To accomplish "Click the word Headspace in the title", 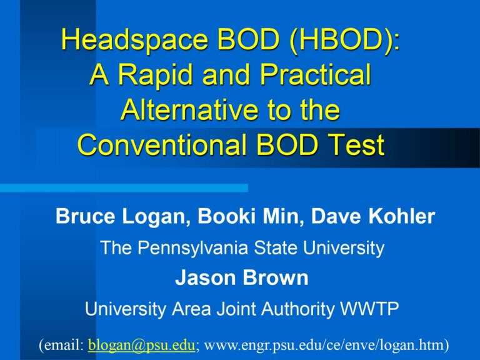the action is coord(134,41).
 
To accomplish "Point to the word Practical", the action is coord(316,74).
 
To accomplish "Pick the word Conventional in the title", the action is coord(162,144).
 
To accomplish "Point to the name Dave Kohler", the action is coord(373,216).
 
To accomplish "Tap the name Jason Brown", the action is coord(242,277).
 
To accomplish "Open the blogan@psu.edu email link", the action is coord(141,345).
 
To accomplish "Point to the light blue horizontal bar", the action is coord(124,187).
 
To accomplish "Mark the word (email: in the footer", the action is coord(61,345).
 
